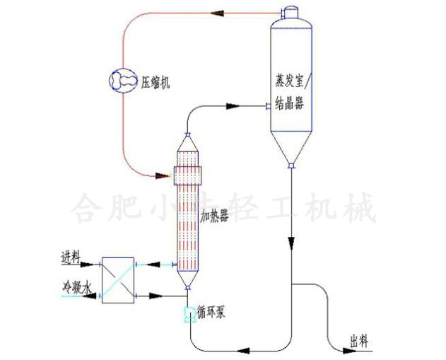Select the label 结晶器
coord(288,105)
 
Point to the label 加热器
coord(214,213)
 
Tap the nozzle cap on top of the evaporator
coord(291,11)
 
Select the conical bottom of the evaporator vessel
coord(291,149)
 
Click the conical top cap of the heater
coord(187,143)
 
